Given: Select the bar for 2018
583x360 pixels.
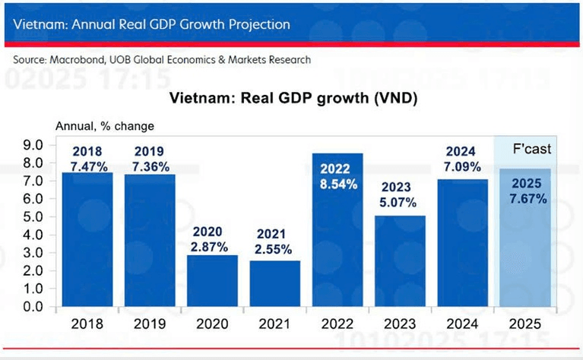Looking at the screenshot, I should (87, 243).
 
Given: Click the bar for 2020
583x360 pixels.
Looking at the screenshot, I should (212, 281).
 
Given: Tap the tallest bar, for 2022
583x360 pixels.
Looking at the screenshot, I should (337, 243).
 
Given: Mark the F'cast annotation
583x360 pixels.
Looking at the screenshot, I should (531, 150).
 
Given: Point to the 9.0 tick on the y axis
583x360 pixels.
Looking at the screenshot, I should (34, 144).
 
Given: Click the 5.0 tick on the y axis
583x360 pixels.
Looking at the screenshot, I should (34, 216).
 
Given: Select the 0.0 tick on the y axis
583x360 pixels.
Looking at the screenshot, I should (34, 307).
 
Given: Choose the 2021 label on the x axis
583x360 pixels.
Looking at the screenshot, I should (274, 324).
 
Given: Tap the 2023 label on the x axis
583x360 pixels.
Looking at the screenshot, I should (400, 324).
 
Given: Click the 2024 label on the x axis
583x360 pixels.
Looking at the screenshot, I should (461, 324).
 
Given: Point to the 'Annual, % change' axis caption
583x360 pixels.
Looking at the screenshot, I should (103, 125).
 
